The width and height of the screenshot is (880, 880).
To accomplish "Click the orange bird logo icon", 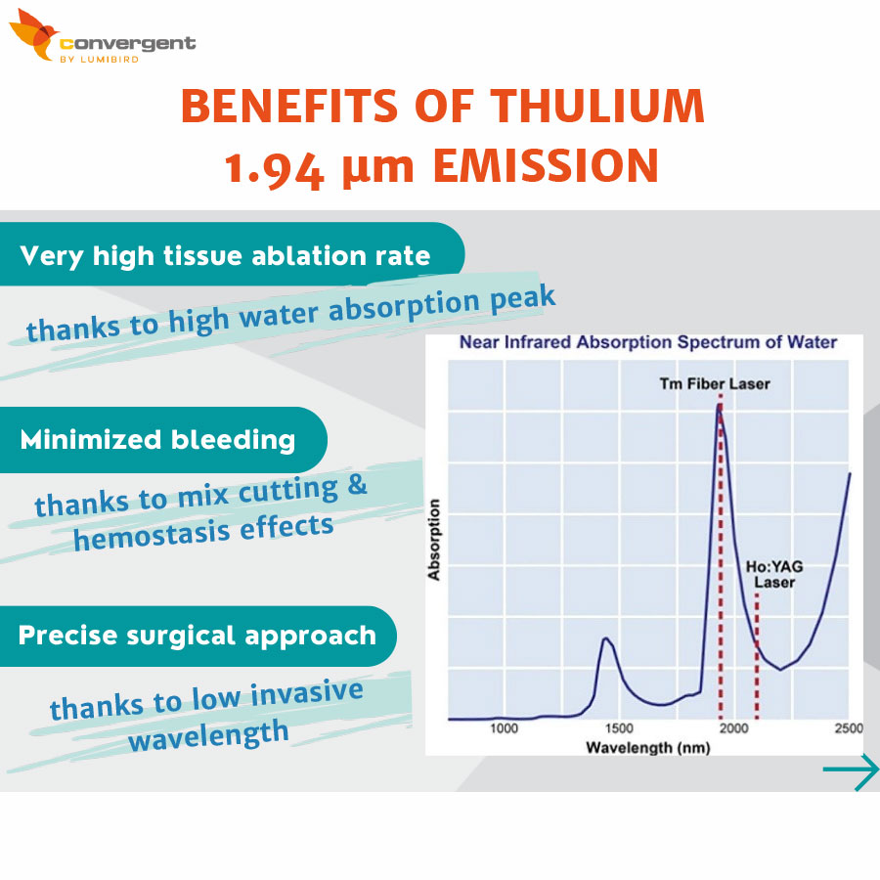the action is [x=33, y=35].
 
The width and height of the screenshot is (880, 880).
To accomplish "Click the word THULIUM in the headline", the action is [x=597, y=106].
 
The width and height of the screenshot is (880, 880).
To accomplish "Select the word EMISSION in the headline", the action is [x=546, y=165].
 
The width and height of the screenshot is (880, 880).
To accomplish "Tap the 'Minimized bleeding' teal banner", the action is [x=162, y=439].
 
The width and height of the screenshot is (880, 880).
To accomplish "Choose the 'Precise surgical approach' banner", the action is [x=198, y=636].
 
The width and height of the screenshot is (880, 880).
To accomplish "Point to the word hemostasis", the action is [x=152, y=535].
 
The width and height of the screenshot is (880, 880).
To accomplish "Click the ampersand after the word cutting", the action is [x=357, y=484].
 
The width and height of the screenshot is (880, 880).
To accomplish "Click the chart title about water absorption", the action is [x=648, y=342].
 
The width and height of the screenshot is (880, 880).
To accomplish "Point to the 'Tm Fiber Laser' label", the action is [x=715, y=384].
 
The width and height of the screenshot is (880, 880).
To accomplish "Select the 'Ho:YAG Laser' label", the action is [x=774, y=574].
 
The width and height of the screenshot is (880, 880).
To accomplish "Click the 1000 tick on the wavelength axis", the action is [x=504, y=728].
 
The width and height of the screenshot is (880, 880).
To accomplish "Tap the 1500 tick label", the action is [x=619, y=728].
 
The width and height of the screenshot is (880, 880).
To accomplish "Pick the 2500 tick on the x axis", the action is [x=849, y=728].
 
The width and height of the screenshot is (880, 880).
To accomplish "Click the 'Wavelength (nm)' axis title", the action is [x=648, y=748].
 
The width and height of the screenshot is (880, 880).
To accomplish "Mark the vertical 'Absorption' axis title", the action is [x=434, y=540].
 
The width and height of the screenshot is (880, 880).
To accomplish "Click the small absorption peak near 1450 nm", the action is [x=605, y=638].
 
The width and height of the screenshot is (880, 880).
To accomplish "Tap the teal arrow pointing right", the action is [x=851, y=770].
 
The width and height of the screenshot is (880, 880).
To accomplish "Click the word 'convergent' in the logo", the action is [x=128, y=44].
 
